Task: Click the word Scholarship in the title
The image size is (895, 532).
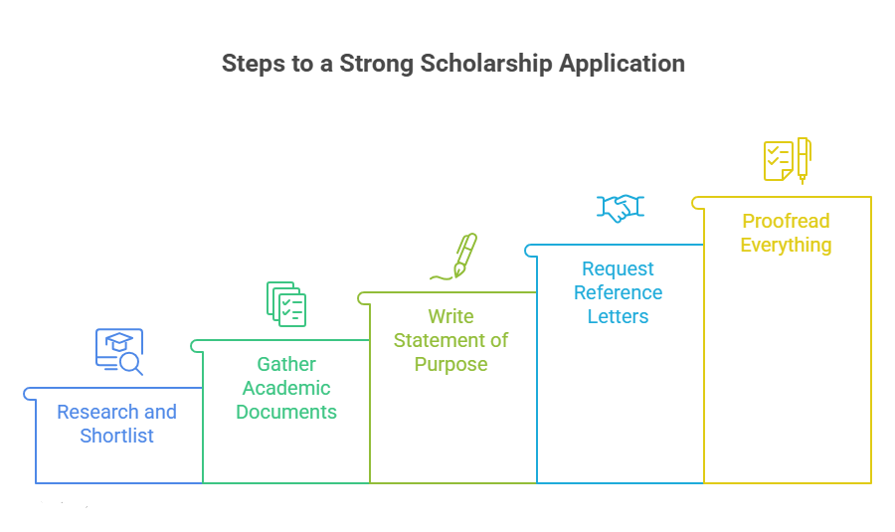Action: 486,64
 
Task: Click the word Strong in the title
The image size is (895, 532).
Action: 377,64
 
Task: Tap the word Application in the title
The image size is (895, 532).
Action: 622,64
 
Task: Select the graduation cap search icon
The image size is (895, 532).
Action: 119,352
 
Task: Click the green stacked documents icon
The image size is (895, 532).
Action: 286,303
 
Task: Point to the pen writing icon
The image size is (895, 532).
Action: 453,257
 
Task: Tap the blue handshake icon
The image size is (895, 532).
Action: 621,208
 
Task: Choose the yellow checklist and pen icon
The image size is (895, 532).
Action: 788,160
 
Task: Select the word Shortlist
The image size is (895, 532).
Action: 117,436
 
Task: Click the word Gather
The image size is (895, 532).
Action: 286,364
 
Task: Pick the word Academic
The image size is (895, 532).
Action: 286,388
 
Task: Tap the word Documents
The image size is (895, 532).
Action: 286,412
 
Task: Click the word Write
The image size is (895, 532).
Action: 450,315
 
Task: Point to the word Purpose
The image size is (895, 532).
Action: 450,364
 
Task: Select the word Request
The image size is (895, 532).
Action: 619,268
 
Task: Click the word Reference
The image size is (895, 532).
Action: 619,292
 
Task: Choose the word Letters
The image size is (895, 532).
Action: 619,316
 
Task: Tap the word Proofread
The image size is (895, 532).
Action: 786,221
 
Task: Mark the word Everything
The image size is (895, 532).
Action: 786,245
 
